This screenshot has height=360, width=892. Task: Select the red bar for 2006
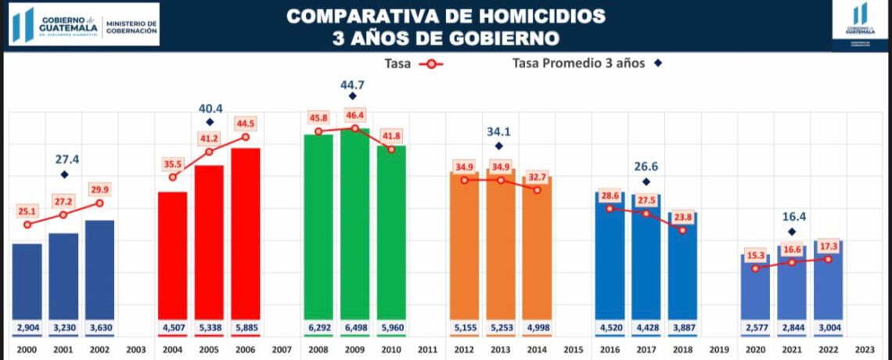245,235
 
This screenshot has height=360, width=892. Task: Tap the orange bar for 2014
537,250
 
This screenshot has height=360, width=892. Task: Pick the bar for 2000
27,282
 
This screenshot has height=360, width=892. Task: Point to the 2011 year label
427,350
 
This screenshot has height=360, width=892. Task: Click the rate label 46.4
354,115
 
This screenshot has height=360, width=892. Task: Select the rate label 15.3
756,254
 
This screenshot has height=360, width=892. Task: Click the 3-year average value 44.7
352,84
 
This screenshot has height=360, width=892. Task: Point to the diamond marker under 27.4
64,175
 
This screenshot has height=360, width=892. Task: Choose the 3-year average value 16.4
792,217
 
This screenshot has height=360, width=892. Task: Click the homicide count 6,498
354,326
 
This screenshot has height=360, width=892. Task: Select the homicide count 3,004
828,326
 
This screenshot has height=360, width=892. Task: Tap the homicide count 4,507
172,326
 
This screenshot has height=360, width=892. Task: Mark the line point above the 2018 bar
683,230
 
